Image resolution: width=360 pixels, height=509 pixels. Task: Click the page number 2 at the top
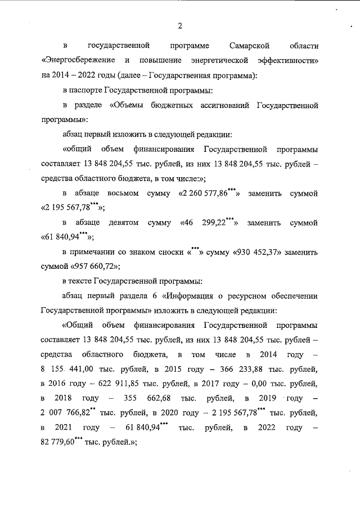179,26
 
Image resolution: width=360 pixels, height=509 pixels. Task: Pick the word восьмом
123,193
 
